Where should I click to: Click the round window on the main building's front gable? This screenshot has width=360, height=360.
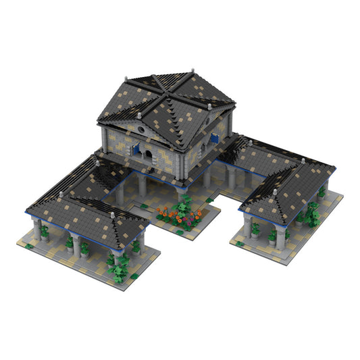click(140, 128)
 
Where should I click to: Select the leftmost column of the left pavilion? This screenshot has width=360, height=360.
click(36, 229)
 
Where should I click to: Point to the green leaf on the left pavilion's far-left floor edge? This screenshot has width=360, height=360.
click(29, 246)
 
